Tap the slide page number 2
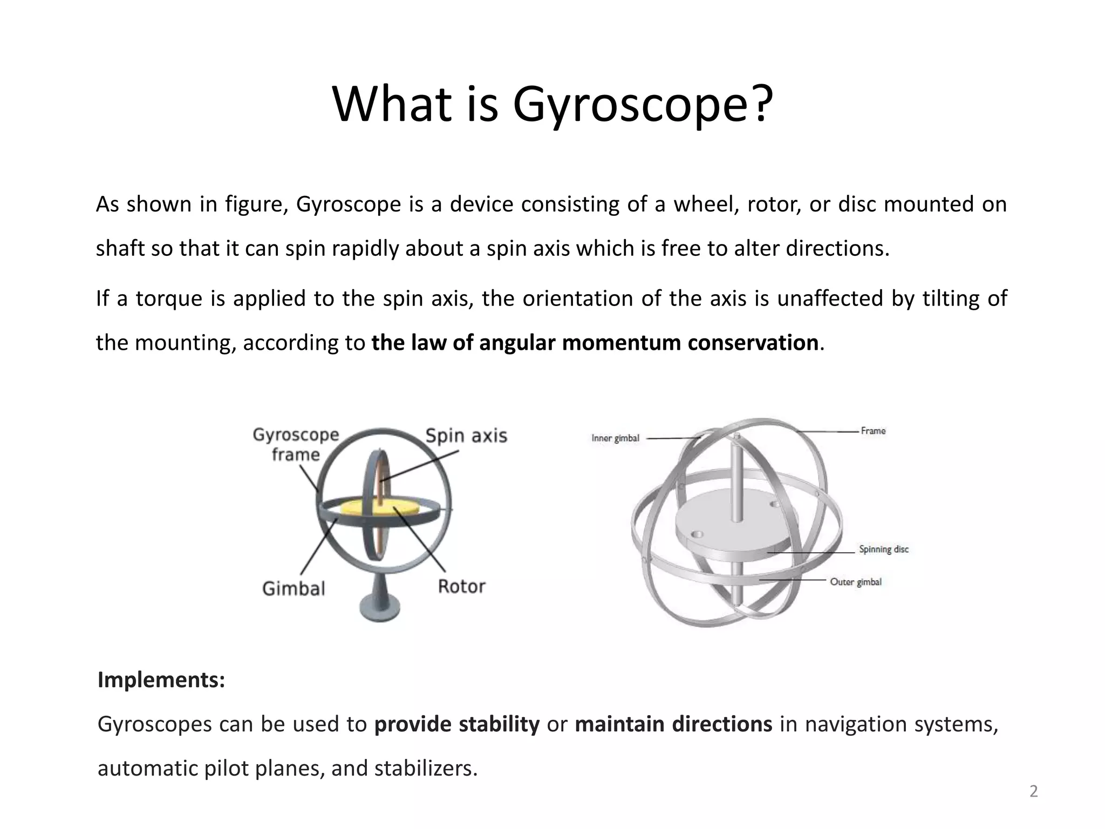1033,791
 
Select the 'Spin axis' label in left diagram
466,436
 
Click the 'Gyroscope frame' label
296,444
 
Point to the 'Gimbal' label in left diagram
294,588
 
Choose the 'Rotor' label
461,586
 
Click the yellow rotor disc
356,507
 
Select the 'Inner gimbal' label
615,438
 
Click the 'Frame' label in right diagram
873,431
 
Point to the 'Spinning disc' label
884,549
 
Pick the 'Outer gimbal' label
856,582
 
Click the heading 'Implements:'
161,680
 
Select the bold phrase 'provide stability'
456,724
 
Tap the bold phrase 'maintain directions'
673,724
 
